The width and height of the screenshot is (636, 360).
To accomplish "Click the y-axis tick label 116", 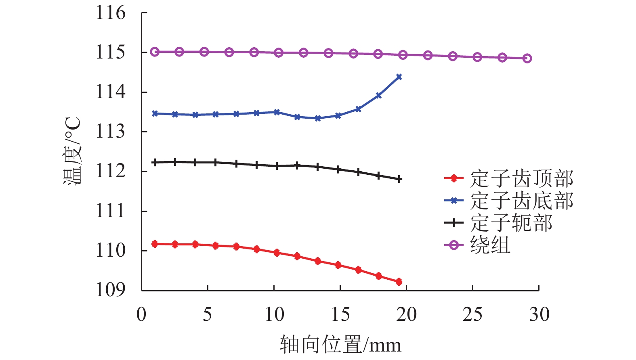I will (110, 13).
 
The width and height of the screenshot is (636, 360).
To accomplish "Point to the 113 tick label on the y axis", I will (110, 132).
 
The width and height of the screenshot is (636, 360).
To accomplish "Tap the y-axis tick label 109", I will (110, 290).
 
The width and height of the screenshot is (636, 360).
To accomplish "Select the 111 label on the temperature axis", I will (110, 211).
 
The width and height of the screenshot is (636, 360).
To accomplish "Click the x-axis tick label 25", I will (472, 314).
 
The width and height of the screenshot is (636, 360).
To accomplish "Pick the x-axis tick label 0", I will (141, 314).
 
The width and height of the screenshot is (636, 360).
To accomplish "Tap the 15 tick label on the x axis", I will (340, 314).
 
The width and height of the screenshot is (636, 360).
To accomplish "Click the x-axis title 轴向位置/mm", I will (340, 345).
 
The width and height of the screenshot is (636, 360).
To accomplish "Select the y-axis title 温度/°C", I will (73, 151).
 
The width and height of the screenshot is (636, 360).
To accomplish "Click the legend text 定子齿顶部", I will (522, 178).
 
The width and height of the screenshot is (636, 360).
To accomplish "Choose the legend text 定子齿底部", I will (522, 201).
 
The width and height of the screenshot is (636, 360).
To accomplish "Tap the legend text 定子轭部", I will (511, 223).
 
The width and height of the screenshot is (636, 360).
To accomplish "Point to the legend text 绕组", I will (490, 245).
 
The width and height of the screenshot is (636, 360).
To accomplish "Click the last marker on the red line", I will (399, 282).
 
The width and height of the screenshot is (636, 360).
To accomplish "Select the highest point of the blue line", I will (399, 77).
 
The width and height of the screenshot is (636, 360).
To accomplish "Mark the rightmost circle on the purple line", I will (527, 58).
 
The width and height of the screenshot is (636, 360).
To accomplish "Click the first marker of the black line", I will (154, 162).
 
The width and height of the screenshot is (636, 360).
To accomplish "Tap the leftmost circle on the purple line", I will (154, 52).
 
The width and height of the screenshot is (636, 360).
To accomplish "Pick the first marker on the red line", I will (154, 244).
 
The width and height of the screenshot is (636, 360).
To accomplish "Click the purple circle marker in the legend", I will (454, 245).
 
